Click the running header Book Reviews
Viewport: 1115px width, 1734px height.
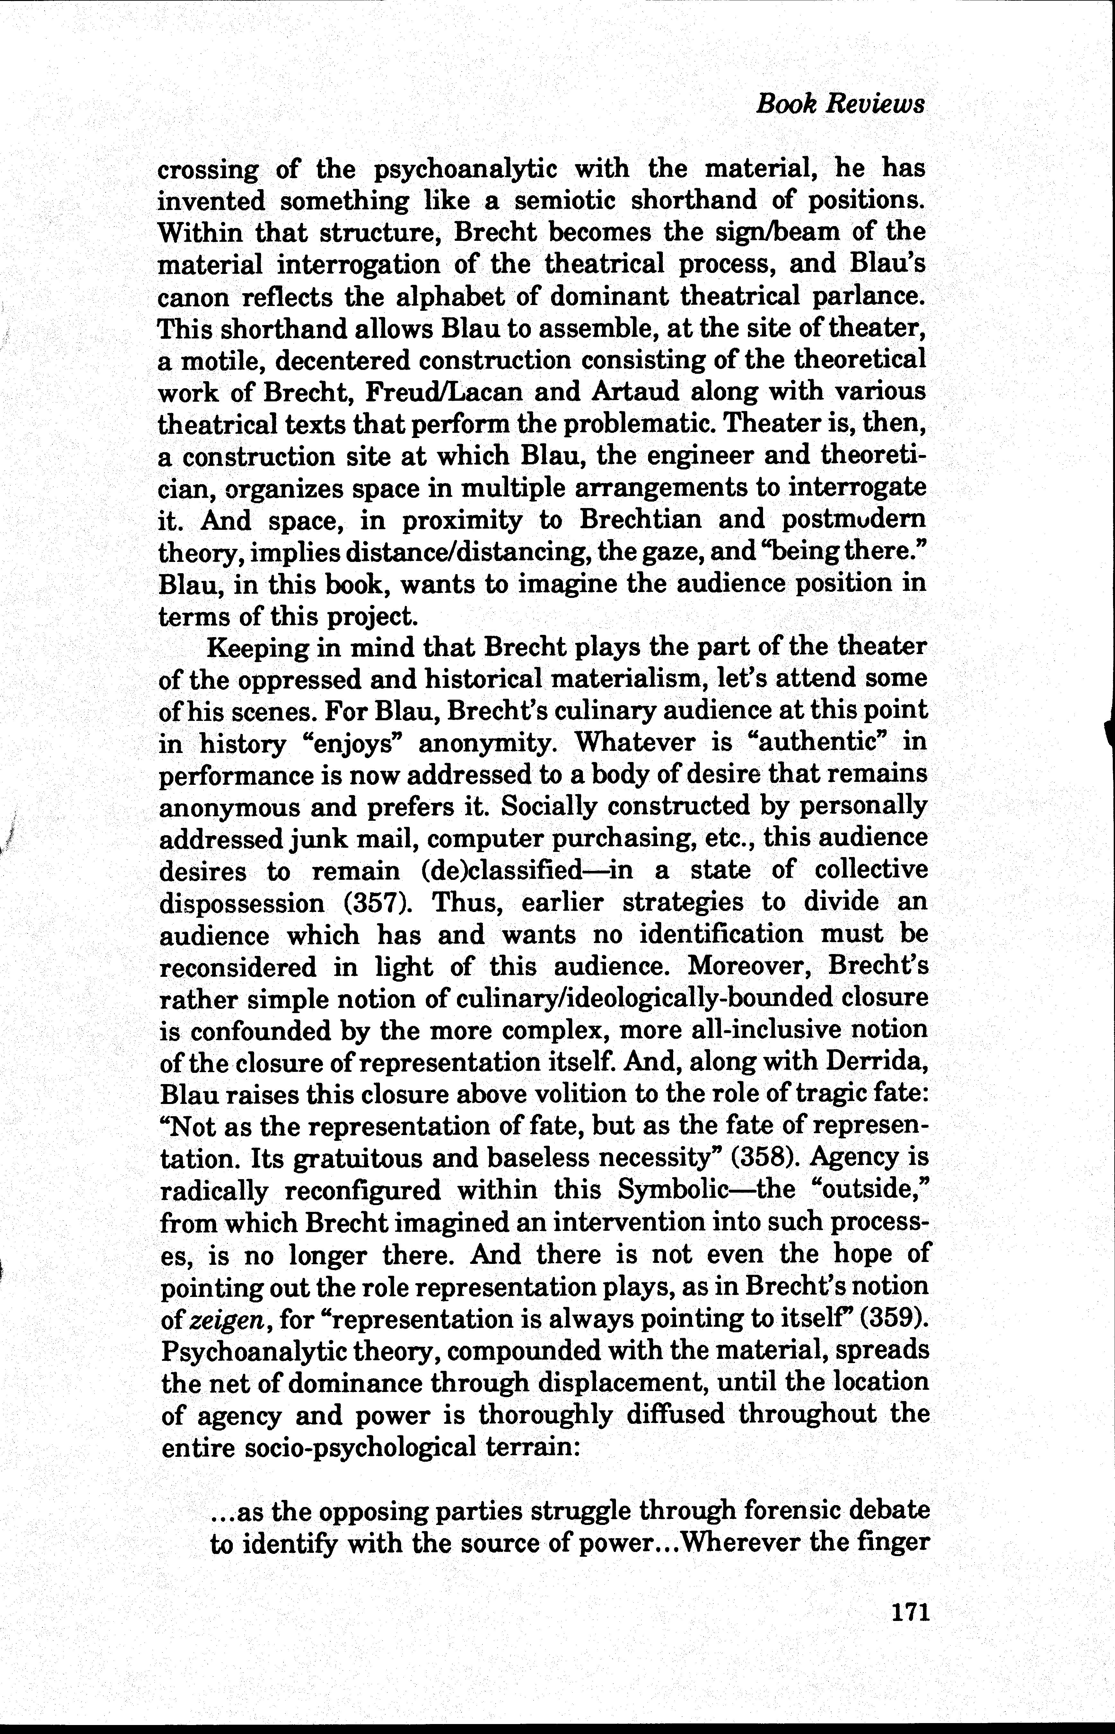pyautogui.click(x=840, y=104)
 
